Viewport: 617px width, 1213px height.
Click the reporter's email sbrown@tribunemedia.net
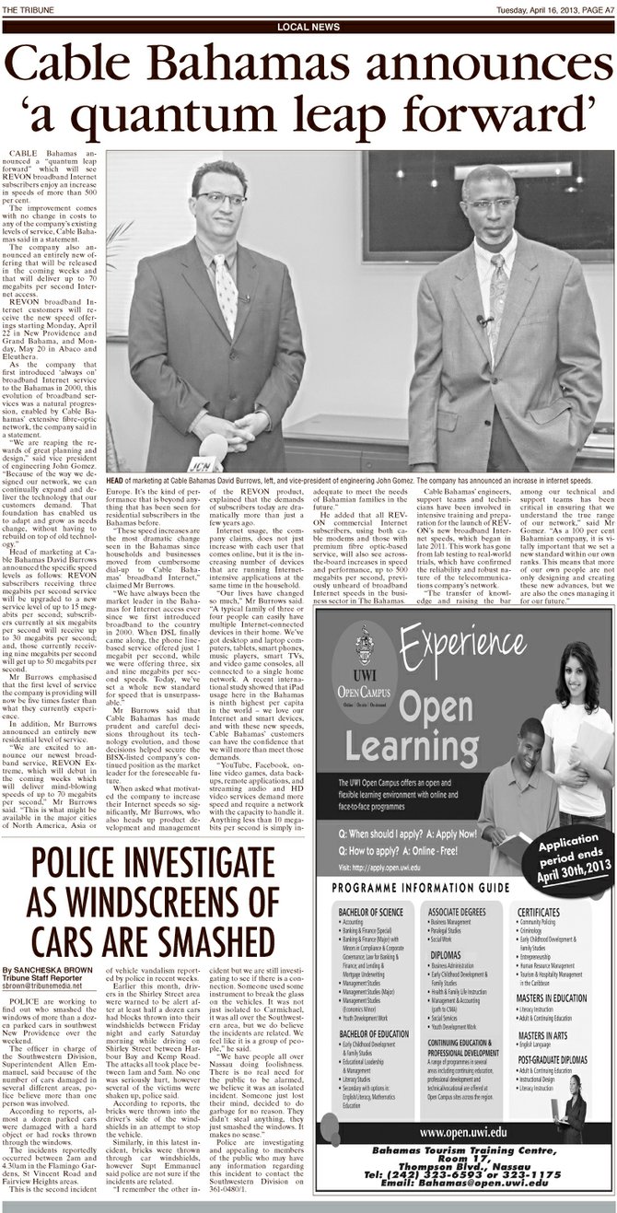tap(55, 985)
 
